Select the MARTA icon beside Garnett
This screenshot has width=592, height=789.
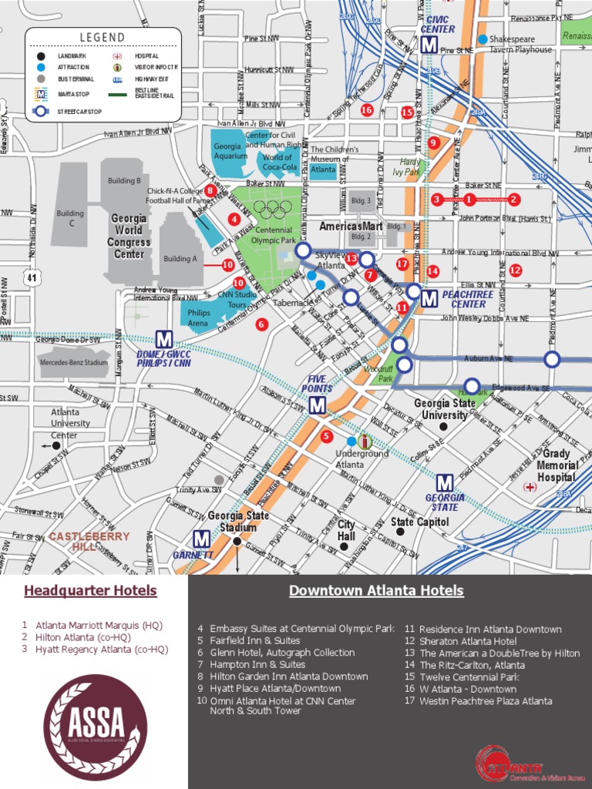pos(201,539)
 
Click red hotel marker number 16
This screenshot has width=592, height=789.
pos(367,110)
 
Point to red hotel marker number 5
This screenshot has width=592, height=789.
pos(326,436)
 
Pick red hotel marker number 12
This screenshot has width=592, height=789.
pos(515,270)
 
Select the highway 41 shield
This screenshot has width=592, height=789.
pos(30,276)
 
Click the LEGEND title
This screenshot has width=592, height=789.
pos(103,38)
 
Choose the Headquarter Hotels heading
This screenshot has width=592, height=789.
pos(90,591)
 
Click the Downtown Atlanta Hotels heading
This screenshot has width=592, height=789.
pos(376,591)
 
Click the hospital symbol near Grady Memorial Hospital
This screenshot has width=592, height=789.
pos(530,487)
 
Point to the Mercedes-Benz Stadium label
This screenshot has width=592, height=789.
pos(74,362)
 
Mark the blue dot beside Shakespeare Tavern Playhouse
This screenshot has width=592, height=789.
pos(483,39)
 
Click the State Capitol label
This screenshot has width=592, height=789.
pos(419,522)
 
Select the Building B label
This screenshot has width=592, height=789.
pos(124,181)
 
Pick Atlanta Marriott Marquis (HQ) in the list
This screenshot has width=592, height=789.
pos(99,625)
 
